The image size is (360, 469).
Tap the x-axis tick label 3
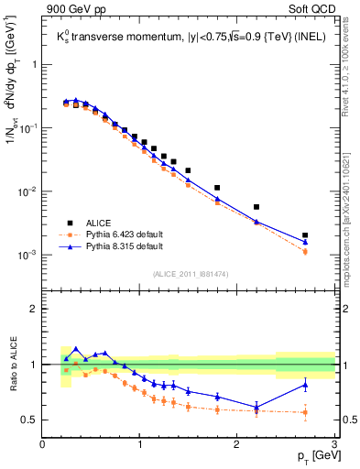[x=334, y=445]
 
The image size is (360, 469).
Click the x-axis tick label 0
[x=43, y=445]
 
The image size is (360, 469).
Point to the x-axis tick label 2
[x=237, y=445]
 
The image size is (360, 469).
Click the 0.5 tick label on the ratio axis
[x=30, y=420]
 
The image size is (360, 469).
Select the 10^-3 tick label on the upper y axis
[x=27, y=255]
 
